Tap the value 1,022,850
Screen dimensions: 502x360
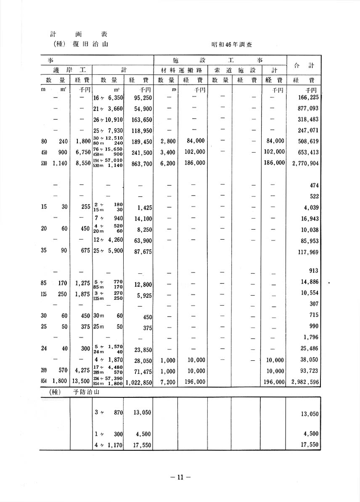tap(138, 382)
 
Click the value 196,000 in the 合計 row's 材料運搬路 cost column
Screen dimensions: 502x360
tap(195, 382)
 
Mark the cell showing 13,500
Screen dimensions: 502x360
tap(80, 382)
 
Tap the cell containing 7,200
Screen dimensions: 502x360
tap(167, 382)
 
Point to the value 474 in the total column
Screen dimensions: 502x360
tap(314, 185)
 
